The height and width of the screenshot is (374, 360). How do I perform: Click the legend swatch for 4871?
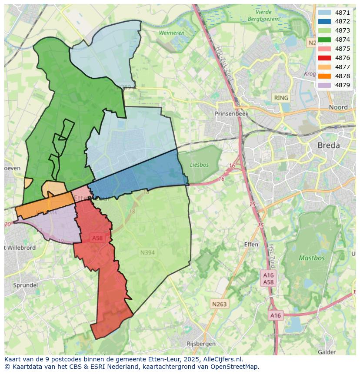tap(324, 13)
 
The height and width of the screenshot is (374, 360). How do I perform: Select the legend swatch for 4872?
tap(324, 22)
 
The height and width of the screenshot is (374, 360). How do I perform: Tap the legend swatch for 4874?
tap(324, 40)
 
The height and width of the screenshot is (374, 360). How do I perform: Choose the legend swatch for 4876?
tap(324, 58)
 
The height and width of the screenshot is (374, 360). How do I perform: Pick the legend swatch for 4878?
tap(324, 76)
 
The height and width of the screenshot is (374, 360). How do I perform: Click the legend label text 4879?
tap(343, 85)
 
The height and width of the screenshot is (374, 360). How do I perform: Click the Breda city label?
tap(329, 146)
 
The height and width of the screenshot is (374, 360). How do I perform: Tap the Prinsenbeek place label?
tap(232, 113)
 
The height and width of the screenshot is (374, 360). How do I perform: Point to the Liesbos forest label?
tap(199, 165)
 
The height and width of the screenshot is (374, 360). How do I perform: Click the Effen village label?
tap(251, 245)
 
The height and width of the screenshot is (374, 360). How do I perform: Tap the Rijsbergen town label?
tap(200, 344)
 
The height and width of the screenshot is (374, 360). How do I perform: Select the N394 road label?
tap(148, 252)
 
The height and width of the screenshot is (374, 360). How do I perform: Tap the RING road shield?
tap(281, 98)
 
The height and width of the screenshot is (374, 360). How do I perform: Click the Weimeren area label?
tap(171, 33)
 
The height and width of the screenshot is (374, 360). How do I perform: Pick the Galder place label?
tap(327, 352)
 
